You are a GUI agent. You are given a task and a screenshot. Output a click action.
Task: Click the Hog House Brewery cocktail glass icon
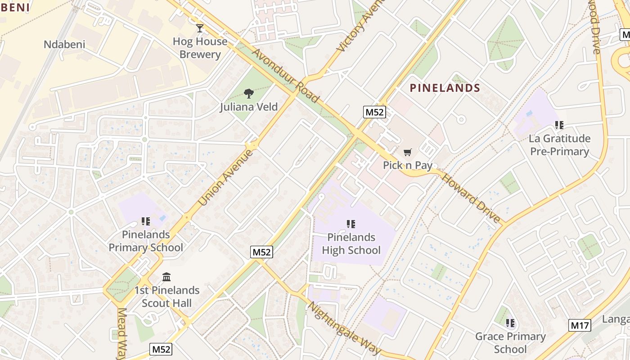coord(200,28)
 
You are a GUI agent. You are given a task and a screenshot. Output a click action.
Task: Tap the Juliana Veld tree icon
coord(248,94)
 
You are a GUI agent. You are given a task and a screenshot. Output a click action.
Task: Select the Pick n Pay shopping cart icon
coord(407,153)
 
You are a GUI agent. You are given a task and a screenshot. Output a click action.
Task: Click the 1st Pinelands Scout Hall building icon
coord(166,276)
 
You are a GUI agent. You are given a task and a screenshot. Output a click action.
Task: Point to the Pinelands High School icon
coord(351,224)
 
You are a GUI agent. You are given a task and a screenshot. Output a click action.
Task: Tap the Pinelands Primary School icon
coord(146,221)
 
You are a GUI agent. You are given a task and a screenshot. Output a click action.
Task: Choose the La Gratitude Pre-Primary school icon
coord(559,125)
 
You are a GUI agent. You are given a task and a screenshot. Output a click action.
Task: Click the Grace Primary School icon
coord(510,323)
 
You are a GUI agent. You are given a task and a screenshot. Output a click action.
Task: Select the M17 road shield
coord(580,325)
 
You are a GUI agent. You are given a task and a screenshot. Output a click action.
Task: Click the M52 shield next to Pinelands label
coord(374,112)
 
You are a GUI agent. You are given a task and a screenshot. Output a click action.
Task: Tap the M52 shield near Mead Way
coord(161,349)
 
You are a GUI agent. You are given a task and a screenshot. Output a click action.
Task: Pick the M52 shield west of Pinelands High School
coord(261,252)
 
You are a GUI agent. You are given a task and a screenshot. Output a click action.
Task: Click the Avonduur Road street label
coord(285,76)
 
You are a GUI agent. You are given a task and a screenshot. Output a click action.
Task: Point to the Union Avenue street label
coord(226,178)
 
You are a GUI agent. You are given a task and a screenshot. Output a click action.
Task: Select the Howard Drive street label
coord(471,198)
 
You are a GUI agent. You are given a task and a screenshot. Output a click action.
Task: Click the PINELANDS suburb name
coord(445,88)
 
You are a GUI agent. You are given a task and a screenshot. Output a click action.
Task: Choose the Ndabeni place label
coord(64,45)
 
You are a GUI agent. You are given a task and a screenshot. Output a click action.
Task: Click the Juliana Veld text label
coord(249,107)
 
